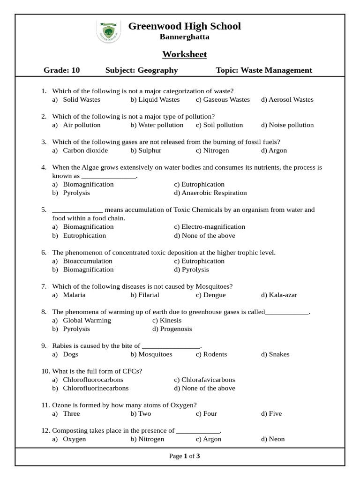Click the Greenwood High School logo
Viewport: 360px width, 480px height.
[x=108, y=31]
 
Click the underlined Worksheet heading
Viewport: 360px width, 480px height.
[x=184, y=54]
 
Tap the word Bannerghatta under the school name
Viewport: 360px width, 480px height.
[x=184, y=37]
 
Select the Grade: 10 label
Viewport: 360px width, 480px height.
[x=62, y=70]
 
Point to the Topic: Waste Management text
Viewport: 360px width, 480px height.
[x=263, y=70]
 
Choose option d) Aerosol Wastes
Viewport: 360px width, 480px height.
[x=287, y=99]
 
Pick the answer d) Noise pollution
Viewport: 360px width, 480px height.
[x=287, y=125]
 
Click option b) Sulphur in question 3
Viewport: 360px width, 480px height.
[x=146, y=150]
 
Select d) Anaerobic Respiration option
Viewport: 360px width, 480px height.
[x=210, y=193]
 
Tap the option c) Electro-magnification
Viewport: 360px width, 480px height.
[x=209, y=227]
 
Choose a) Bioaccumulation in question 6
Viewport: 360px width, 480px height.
[x=82, y=261]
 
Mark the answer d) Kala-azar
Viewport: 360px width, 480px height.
[x=279, y=295]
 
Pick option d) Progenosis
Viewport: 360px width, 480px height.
[x=172, y=329]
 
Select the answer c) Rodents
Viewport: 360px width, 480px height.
[x=211, y=354]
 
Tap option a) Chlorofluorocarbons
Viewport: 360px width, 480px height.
[x=88, y=380]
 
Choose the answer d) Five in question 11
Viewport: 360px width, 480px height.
[x=271, y=414]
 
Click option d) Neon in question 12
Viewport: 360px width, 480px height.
[x=273, y=439]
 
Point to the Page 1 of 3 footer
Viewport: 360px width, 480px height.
[x=184, y=456]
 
